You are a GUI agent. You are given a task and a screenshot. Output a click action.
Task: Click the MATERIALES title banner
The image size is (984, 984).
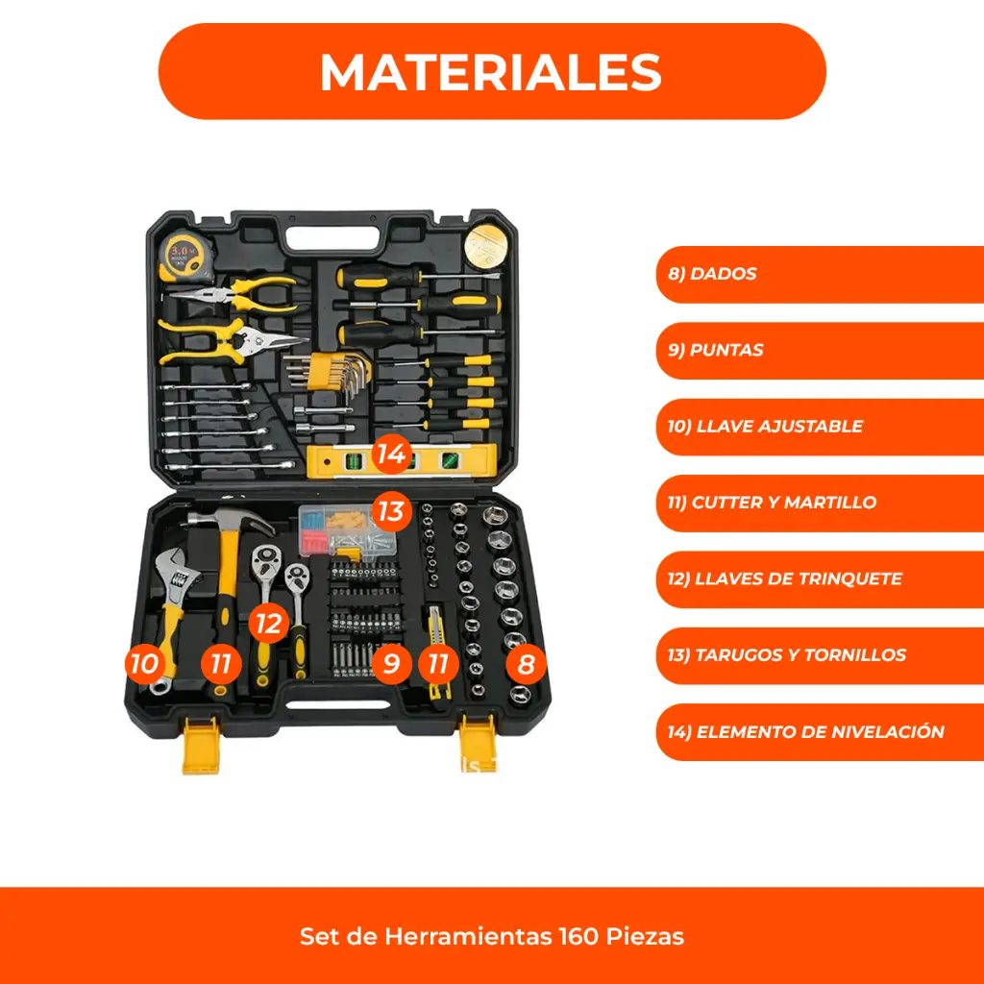point(492,71)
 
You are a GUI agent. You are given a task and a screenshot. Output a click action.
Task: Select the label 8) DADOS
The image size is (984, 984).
point(820,274)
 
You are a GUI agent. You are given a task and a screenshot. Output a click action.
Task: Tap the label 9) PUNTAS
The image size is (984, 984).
point(820,350)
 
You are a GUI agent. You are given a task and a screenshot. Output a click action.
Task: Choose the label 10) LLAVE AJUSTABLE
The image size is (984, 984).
point(820,427)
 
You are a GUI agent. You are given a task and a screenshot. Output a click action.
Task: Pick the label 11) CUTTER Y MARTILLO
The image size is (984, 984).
point(820,503)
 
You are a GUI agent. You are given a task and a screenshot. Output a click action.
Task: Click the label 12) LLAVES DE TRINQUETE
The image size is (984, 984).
point(820,579)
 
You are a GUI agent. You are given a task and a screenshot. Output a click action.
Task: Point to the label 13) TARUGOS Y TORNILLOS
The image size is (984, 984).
point(820,655)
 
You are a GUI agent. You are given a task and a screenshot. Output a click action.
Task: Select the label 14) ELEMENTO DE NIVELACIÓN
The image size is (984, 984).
point(820,731)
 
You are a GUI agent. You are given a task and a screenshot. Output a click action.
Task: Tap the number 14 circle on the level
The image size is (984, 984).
point(392,454)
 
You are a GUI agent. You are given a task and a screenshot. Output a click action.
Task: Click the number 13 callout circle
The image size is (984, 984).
point(392,511)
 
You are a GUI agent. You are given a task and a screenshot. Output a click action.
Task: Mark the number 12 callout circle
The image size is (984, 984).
point(269,624)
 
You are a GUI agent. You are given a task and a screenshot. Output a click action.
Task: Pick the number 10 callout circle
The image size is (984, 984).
point(145,663)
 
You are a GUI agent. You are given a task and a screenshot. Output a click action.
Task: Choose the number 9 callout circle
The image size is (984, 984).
point(392,663)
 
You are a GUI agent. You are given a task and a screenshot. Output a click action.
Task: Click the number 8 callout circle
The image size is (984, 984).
point(526,664)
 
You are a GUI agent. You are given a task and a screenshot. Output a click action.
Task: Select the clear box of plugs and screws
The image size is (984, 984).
point(346,532)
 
